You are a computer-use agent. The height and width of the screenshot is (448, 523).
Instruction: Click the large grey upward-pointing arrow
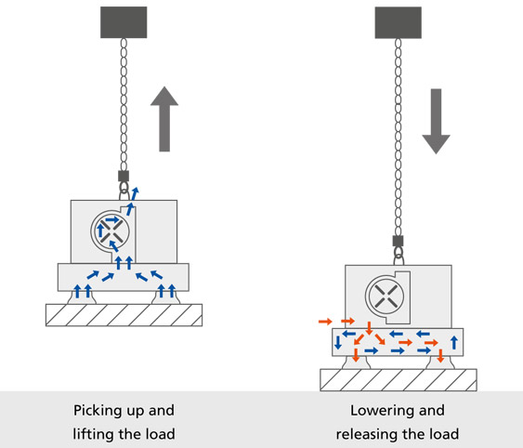(164, 119)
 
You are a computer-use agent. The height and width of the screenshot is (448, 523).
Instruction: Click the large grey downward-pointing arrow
(436, 121)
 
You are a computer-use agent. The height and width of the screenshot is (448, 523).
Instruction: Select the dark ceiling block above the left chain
(124, 22)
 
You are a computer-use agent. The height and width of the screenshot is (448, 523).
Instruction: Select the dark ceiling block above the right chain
(399, 22)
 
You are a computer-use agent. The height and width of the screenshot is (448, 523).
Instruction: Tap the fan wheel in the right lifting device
(385, 296)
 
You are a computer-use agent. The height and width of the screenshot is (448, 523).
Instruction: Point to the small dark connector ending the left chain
(124, 176)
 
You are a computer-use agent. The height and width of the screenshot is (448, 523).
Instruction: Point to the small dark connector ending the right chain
(399, 241)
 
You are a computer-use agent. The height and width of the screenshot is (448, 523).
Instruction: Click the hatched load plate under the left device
(124, 315)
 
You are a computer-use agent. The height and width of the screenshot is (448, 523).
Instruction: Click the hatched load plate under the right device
(399, 380)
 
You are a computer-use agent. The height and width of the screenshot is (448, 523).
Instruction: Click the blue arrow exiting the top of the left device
(135, 194)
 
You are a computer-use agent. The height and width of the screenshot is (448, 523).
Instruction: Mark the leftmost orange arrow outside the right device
(325, 322)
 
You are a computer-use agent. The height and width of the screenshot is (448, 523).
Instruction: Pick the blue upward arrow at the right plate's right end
(454, 343)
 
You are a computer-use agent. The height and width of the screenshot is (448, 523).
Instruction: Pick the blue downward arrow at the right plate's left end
(338, 343)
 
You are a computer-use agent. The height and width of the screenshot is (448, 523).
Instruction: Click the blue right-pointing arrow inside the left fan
(112, 219)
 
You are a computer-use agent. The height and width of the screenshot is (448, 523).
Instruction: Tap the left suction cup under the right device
(356, 363)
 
